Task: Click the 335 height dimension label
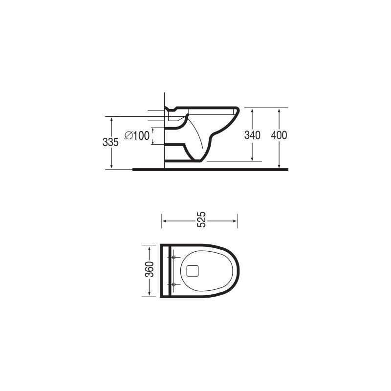pyautogui.click(x=111, y=142)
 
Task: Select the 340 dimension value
pyautogui.click(x=252, y=135)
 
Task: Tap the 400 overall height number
pyautogui.click(x=279, y=135)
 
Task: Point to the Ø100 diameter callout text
pyautogui.click(x=137, y=136)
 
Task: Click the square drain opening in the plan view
pyautogui.click(x=193, y=270)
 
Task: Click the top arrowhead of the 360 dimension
pyautogui.click(x=150, y=246)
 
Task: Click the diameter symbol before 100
pyautogui.click(x=128, y=136)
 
